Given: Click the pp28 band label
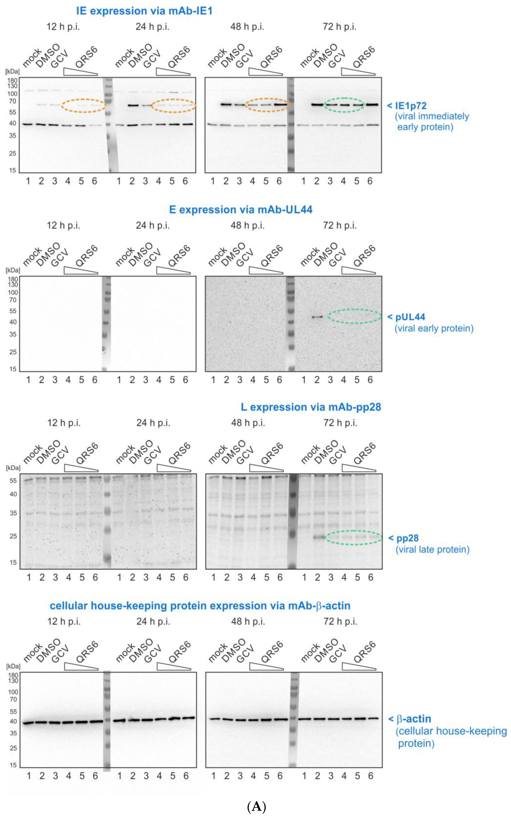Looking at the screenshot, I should click(x=407, y=538).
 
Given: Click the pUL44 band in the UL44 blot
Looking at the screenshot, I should click(x=317, y=317).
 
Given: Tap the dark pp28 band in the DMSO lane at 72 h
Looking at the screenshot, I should click(x=318, y=537).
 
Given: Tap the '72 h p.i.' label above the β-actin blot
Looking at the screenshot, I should click(x=340, y=622).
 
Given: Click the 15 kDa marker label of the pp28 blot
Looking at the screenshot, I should click(x=13, y=563).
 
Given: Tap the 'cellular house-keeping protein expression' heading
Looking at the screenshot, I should click(x=200, y=606).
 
